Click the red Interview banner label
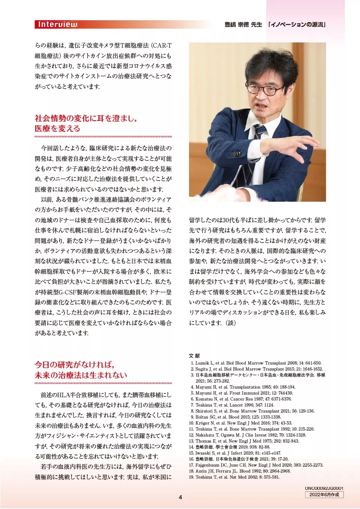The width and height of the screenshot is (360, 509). (57, 25)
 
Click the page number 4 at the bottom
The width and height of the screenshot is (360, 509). (180, 497)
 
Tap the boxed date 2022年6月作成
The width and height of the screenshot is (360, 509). (324, 495)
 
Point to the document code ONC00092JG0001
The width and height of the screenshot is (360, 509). (324, 488)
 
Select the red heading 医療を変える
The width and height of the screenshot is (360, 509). (57, 129)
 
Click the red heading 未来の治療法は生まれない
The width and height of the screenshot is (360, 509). (81, 375)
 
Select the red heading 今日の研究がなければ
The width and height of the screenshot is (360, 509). (74, 365)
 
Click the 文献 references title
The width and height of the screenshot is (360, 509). (194, 356)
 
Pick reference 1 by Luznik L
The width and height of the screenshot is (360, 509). (256, 363)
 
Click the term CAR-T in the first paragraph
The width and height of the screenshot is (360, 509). (162, 46)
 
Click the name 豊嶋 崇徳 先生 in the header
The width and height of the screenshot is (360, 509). (243, 25)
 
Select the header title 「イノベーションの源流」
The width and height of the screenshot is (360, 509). (297, 25)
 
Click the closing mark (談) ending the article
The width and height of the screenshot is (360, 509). (230, 323)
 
